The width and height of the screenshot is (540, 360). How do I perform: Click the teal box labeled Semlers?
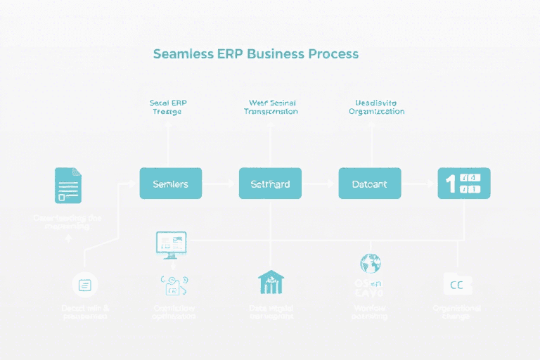170,184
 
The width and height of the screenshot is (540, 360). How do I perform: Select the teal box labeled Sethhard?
270,184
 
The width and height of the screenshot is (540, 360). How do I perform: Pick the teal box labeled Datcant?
370,184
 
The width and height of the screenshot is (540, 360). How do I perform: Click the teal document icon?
68,185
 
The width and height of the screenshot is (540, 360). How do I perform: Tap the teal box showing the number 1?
463,184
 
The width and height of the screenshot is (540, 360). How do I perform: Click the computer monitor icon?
170,243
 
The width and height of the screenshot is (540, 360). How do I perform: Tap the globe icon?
370,263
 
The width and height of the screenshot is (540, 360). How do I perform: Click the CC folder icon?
458,283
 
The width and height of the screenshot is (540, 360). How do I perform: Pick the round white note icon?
85,285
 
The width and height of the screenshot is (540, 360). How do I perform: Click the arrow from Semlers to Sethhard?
220,184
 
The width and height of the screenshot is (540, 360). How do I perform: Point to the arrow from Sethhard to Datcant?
320,184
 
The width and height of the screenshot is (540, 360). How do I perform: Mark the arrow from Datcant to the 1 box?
419,184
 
